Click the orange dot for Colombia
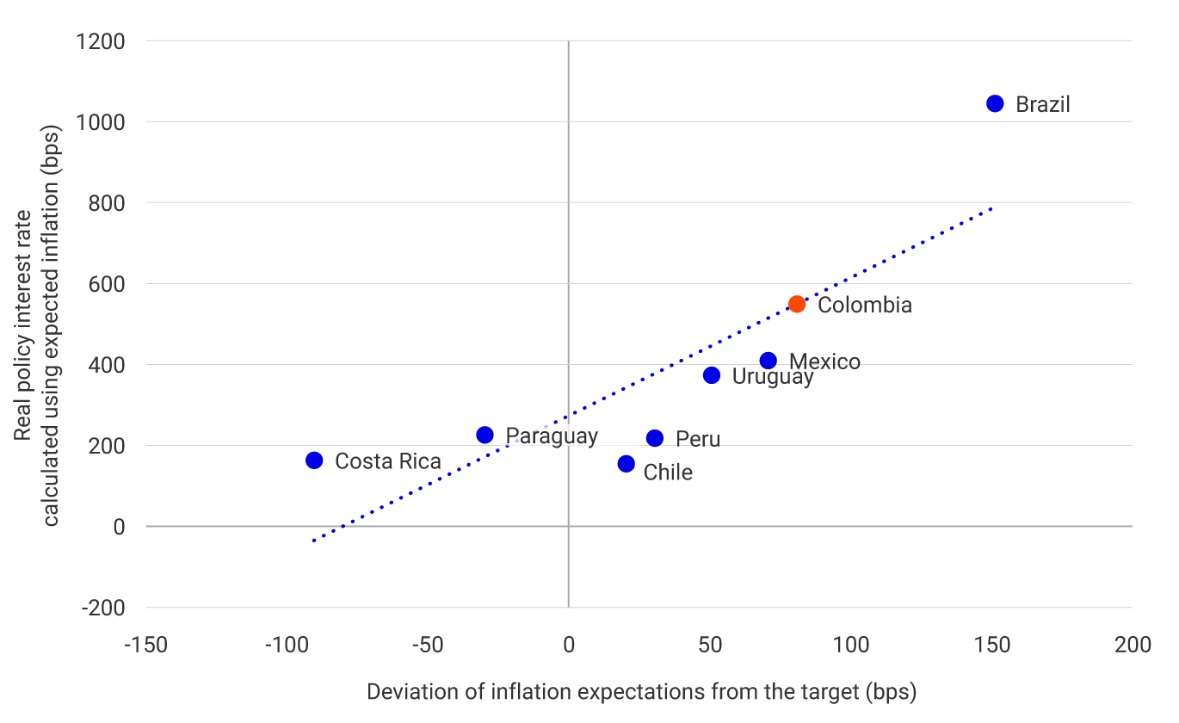(x=797, y=304)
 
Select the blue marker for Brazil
(x=995, y=103)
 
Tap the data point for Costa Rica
(x=314, y=460)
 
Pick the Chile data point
(x=626, y=464)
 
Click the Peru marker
(x=655, y=438)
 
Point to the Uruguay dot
(x=712, y=375)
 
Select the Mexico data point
(x=769, y=361)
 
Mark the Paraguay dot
(x=485, y=435)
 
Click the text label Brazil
(x=1043, y=105)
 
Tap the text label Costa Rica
(x=387, y=461)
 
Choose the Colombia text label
(x=864, y=305)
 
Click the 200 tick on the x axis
(x=1132, y=646)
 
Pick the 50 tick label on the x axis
(x=711, y=646)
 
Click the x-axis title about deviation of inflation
(x=641, y=692)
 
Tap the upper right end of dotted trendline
(x=991, y=208)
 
